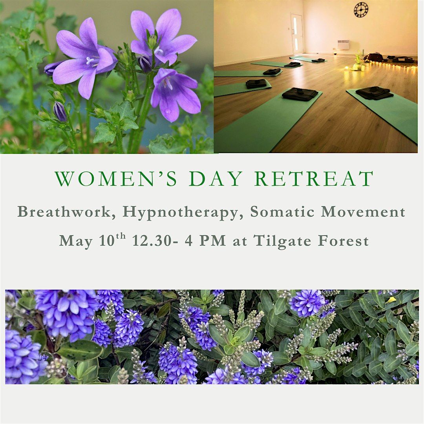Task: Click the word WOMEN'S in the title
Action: point(116,179)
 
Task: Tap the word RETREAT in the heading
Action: point(314,179)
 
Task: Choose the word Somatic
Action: point(284,212)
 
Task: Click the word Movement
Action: point(363,212)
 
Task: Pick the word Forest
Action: point(343,240)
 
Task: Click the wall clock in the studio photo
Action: point(361,10)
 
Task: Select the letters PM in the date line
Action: point(212,240)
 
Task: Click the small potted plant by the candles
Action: point(358,61)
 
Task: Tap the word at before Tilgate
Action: point(240,241)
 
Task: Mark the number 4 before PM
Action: point(188,240)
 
